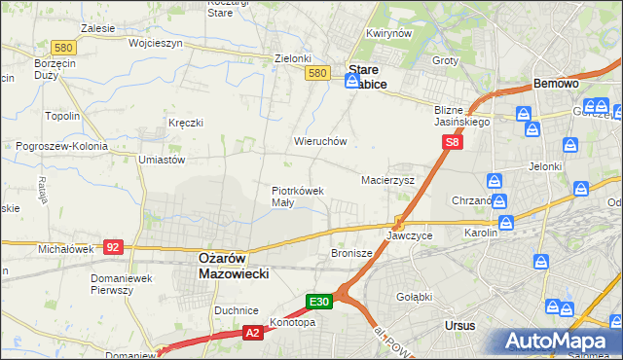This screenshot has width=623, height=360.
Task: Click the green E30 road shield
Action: pos(321,302)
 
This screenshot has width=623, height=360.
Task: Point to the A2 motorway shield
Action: pos(252,333)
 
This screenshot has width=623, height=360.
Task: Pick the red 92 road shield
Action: pos(113,247)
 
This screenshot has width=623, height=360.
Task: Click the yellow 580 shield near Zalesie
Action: pos(65,47)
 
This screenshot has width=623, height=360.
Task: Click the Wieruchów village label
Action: pos(320,141)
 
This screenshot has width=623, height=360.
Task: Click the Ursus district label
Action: pos(458,326)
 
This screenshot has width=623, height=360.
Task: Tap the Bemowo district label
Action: pos(556,85)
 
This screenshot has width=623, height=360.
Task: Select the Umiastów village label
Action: pos(162,159)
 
